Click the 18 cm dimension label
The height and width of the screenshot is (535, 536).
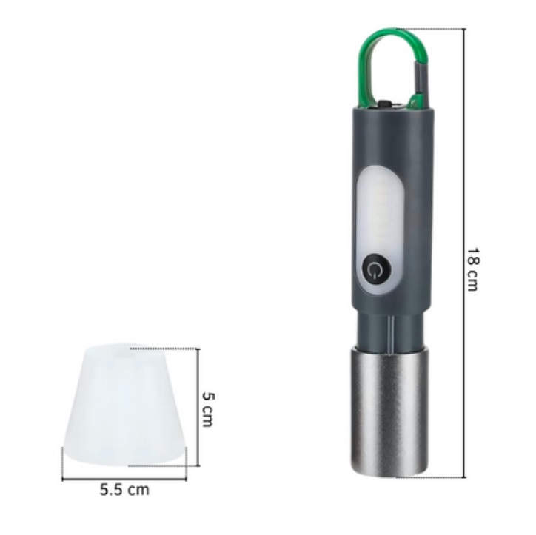coord(473,269)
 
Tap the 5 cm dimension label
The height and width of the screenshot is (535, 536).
coord(208,409)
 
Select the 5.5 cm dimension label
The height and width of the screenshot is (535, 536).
coord(124,490)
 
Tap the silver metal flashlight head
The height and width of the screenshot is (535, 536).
coord(389,411)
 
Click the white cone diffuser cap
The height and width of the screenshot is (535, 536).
coord(124,406)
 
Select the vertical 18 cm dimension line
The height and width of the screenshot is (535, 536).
coord(464,253)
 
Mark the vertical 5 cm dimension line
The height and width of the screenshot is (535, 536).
coord(198,407)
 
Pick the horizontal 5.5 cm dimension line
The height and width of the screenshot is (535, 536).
coord(124,479)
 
